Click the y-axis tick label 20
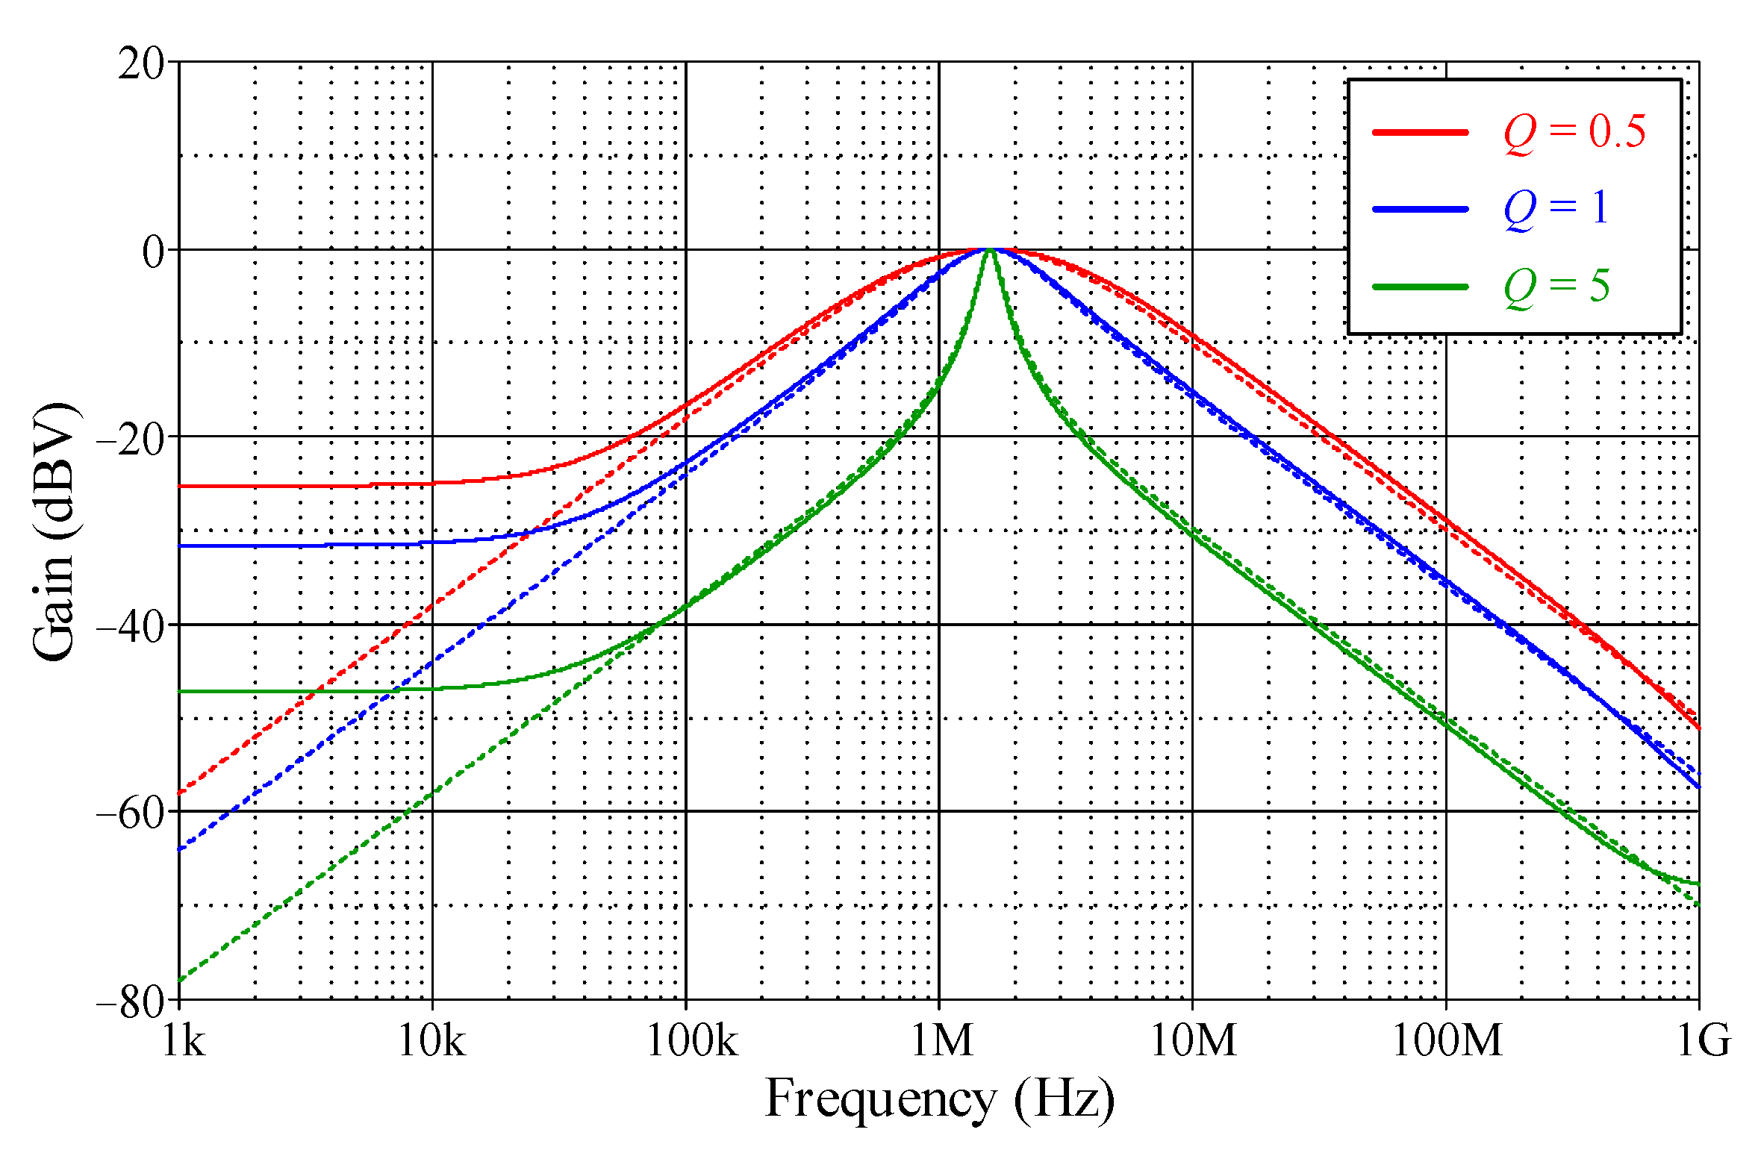(141, 64)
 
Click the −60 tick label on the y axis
(131, 814)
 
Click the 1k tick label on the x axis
(183, 1039)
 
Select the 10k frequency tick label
(431, 1039)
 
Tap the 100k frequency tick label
(691, 1039)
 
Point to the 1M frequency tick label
(942, 1039)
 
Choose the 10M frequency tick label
(1193, 1039)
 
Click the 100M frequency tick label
(1447, 1039)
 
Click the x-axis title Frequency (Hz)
(940, 1100)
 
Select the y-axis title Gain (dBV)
(54, 531)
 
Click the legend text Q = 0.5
(1574, 132)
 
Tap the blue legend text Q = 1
(1556, 208)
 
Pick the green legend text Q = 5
(1556, 286)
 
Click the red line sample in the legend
(1420, 132)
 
